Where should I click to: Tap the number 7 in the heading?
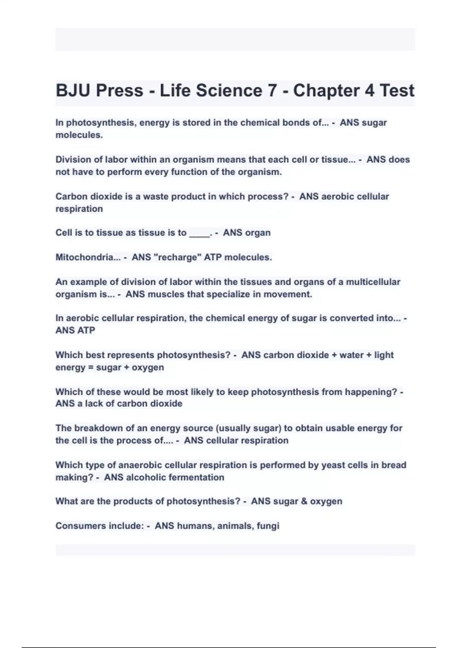[x=272, y=91]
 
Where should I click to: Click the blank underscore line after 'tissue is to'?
[x=200, y=233]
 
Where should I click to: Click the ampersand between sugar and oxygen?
[x=304, y=501]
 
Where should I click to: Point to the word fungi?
[x=268, y=526]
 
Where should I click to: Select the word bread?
[x=394, y=465]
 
